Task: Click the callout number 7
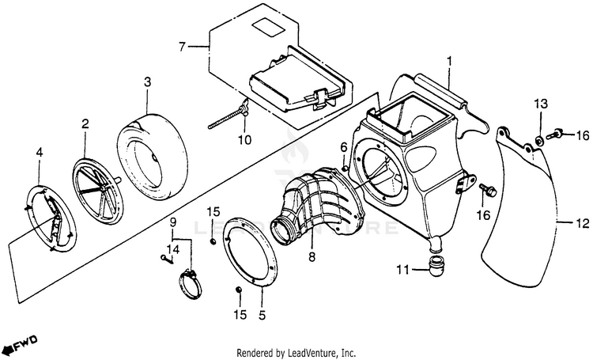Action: coord(182,47)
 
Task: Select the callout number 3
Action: coord(148,81)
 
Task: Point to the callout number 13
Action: coord(540,104)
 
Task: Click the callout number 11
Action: coord(401,271)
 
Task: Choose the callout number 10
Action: coord(244,141)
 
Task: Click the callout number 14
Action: coord(173,248)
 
